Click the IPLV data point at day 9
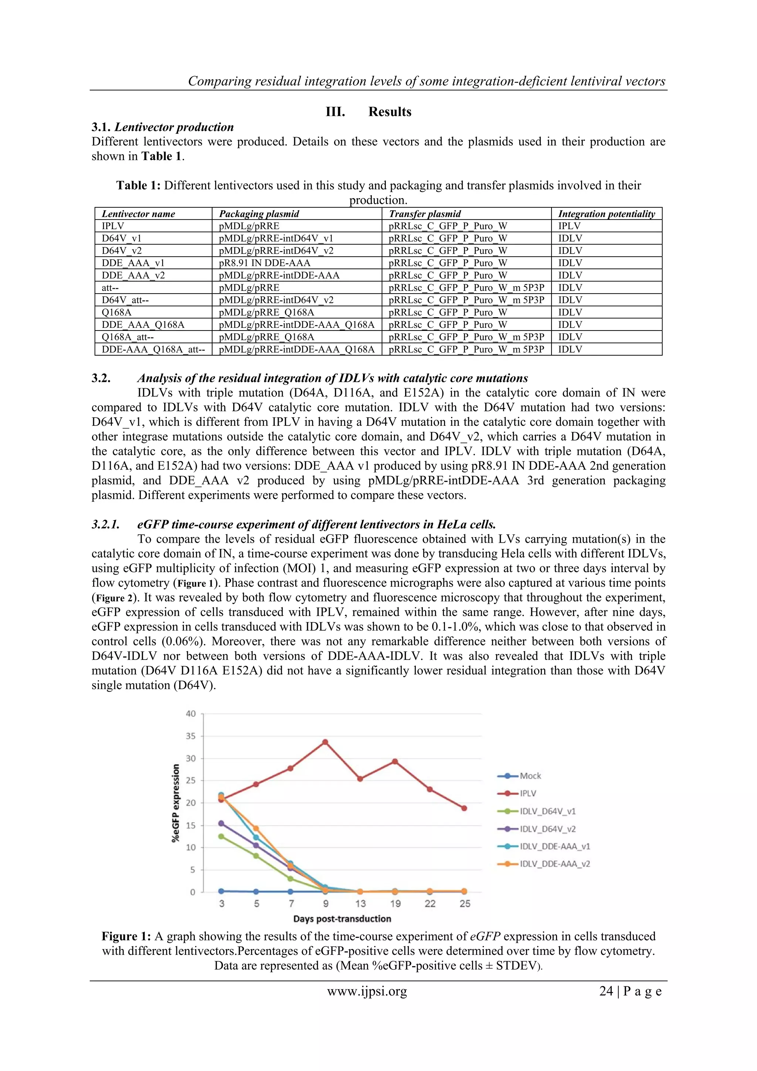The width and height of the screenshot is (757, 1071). click(x=325, y=742)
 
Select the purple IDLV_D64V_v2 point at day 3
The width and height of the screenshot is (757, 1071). click(x=221, y=823)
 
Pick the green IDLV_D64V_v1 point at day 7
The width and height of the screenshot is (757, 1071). click(x=290, y=879)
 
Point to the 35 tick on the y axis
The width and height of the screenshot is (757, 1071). click(x=191, y=736)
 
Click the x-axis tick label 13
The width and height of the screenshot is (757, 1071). click(x=360, y=904)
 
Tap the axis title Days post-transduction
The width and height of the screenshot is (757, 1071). click(x=342, y=919)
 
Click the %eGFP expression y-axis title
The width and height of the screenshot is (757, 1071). click(x=176, y=803)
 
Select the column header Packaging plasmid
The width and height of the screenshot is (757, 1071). click(x=259, y=214)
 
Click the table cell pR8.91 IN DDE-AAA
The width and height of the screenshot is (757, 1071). click(x=264, y=263)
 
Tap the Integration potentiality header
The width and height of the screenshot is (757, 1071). click(x=606, y=214)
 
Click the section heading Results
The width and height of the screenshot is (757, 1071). click(x=390, y=112)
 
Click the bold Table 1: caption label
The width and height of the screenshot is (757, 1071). click(x=139, y=186)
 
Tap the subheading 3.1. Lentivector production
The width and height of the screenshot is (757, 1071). click(x=162, y=127)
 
